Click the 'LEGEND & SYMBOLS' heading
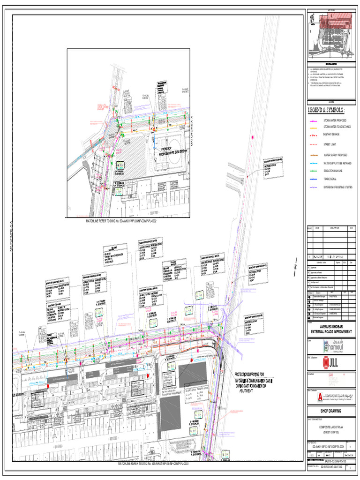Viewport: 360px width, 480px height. (327, 111)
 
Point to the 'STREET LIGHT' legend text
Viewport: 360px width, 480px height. (330, 144)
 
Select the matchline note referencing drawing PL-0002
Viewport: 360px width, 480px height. (120, 220)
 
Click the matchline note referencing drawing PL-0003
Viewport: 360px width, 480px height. (153, 463)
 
